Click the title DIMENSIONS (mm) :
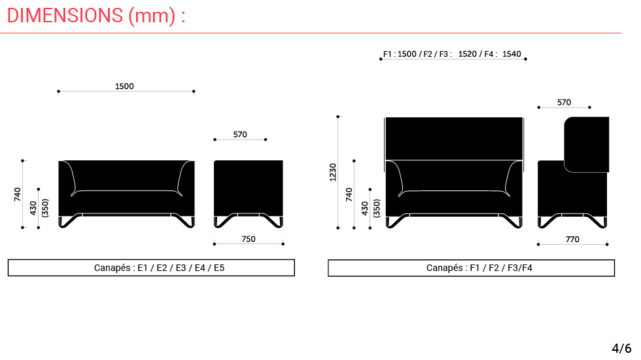96,16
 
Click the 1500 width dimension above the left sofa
124,86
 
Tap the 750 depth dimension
249,239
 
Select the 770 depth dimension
572,240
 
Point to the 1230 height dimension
333,172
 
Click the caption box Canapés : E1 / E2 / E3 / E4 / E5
151,268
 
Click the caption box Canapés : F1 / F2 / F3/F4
471,268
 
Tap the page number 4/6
621,348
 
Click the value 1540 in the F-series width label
511,54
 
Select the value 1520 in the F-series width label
468,54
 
